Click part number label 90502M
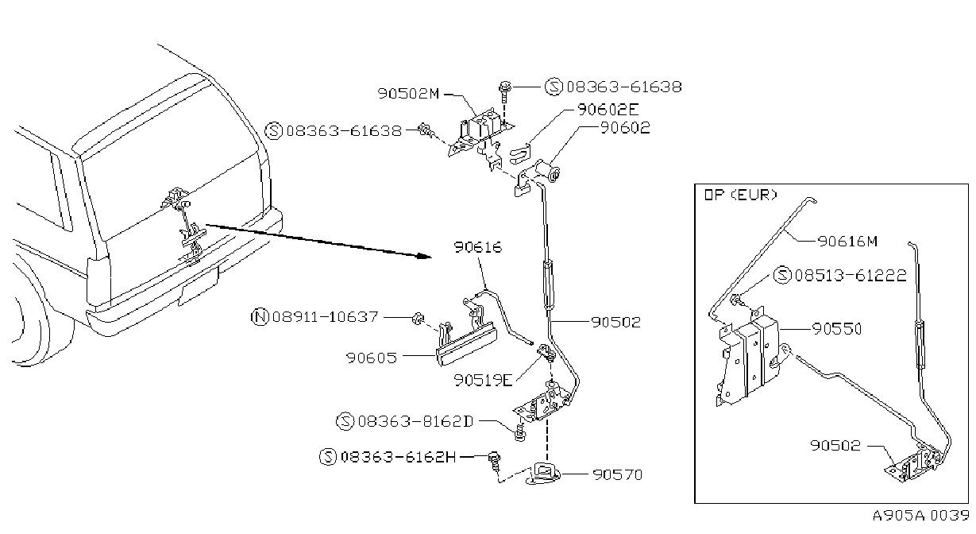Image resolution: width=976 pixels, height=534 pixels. [x=408, y=94]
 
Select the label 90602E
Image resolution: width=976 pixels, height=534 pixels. [x=608, y=110]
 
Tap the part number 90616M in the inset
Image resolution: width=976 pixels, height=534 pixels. [x=847, y=241]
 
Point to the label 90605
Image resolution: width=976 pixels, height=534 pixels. [x=372, y=358]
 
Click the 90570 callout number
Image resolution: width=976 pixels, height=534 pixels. [x=617, y=474]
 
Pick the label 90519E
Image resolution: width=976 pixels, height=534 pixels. [x=483, y=380]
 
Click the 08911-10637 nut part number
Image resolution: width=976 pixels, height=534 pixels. [x=325, y=316]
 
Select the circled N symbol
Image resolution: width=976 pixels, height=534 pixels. [x=260, y=317]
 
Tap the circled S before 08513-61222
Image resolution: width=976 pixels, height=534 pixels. [x=782, y=275]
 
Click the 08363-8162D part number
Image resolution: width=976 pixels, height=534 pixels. [x=415, y=421]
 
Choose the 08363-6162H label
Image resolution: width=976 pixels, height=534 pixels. [x=398, y=457]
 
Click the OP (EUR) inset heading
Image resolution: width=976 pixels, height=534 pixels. [x=741, y=195]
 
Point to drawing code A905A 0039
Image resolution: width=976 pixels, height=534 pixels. [x=920, y=515]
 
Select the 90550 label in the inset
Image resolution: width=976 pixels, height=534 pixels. [x=837, y=329]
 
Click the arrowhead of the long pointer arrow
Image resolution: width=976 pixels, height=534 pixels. [x=424, y=256]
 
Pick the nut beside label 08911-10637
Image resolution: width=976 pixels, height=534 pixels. [x=418, y=319]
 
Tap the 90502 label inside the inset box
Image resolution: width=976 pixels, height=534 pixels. [x=835, y=445]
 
